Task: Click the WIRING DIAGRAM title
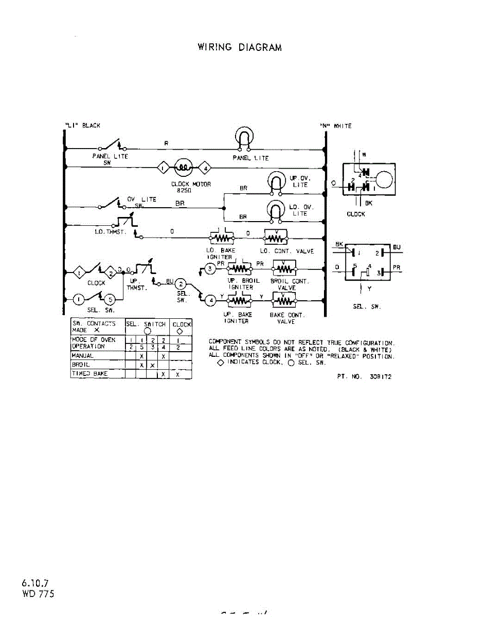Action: click(x=240, y=47)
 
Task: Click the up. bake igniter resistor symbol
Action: click(x=238, y=299)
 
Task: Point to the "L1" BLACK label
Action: click(x=83, y=126)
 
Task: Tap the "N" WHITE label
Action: click(x=336, y=126)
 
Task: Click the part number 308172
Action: click(x=365, y=376)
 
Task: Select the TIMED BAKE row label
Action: click(x=90, y=374)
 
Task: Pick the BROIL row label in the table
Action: click(x=82, y=365)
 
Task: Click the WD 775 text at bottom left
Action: click(x=38, y=593)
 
